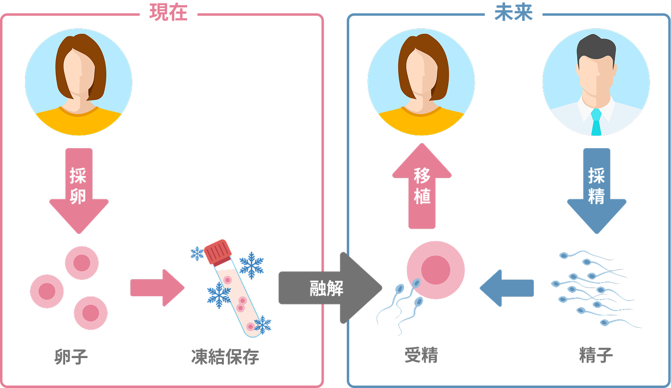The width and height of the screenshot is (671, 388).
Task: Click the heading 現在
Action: tap(168, 14)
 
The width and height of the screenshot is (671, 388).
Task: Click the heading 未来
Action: tap(513, 14)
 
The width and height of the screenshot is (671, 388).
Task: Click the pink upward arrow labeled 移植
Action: tap(422, 186)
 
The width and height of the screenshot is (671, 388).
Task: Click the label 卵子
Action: tap(71, 357)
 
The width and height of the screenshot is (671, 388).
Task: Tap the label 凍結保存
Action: tap(225, 357)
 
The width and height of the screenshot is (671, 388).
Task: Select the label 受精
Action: tap(421, 355)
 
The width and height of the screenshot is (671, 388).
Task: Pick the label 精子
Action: tap(596, 355)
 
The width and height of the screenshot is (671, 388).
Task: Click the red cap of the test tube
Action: tap(218, 252)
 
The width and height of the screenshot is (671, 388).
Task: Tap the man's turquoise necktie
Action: tap(596, 123)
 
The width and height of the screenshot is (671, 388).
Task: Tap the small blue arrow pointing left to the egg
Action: tap(507, 288)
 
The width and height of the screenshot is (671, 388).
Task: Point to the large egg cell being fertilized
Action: tap(435, 270)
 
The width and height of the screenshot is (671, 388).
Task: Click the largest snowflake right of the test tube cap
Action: tap(251, 265)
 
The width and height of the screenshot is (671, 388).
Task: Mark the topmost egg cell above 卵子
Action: tap(82, 263)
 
